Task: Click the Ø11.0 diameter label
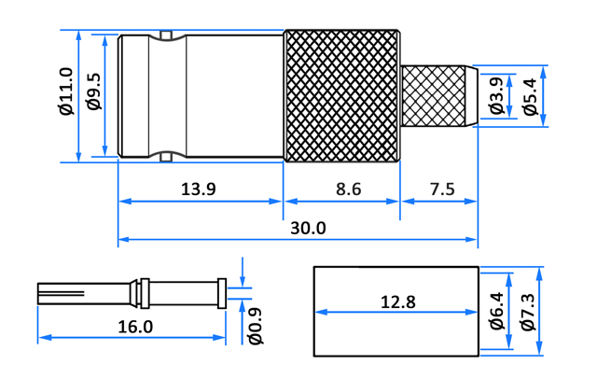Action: pyautogui.click(x=66, y=91)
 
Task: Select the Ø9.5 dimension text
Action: pyautogui.click(x=93, y=91)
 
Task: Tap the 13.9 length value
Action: pyautogui.click(x=198, y=189)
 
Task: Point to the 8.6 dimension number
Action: pyautogui.click(x=348, y=189)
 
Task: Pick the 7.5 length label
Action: pyautogui.click(x=442, y=189)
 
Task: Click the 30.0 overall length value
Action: pyautogui.click(x=308, y=228)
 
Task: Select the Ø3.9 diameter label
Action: pyautogui.click(x=496, y=95)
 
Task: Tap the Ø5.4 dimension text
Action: pyautogui.click(x=530, y=96)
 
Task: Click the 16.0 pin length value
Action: pyautogui.click(x=135, y=327)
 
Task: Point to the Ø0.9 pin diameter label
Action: pyautogui.click(x=256, y=326)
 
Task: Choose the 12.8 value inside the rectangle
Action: pyautogui.click(x=398, y=302)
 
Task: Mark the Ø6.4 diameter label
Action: pyautogui.click(x=497, y=311)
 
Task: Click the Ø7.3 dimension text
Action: pyautogui.click(x=529, y=312)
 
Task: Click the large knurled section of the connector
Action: pyautogui.click(x=342, y=95)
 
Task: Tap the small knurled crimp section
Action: pyautogui.click(x=434, y=96)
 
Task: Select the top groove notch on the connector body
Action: pyautogui.click(x=166, y=35)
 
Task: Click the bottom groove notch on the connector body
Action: pyautogui.click(x=166, y=157)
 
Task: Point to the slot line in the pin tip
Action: pyautogui.click(x=61, y=293)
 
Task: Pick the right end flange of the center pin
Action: pyautogui.click(x=222, y=293)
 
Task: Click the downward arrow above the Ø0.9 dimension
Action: pyautogui.click(x=243, y=272)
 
